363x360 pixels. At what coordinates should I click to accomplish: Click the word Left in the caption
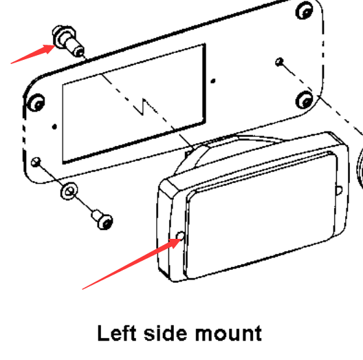pos(117,332)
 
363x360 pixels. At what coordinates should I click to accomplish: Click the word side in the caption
pos(165,332)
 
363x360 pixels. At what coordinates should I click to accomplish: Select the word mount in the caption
pos(228,333)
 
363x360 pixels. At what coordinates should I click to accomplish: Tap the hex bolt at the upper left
pos(67,41)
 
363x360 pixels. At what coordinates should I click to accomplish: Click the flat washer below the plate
pos(69,191)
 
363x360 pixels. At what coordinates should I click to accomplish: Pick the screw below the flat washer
pos(102,220)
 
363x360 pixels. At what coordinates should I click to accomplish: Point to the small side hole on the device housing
pos(180,235)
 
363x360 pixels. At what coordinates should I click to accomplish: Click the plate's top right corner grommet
pos(305,10)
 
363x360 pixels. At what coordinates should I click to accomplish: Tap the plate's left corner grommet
pos(36,103)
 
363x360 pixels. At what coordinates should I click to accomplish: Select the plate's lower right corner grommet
pos(305,100)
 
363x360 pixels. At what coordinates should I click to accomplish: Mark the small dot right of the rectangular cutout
pos(213,81)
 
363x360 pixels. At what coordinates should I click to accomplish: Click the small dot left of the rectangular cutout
pos(54,127)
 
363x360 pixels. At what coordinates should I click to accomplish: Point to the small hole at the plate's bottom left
pos(36,162)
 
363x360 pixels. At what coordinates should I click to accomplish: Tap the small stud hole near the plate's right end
pos(279,62)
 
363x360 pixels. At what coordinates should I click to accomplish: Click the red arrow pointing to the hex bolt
pos(33,54)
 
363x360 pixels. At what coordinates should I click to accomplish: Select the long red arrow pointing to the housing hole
pos(132,264)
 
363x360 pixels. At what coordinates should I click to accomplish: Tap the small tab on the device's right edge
pos(339,191)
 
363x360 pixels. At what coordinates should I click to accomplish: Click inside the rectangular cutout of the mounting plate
pos(134,104)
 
